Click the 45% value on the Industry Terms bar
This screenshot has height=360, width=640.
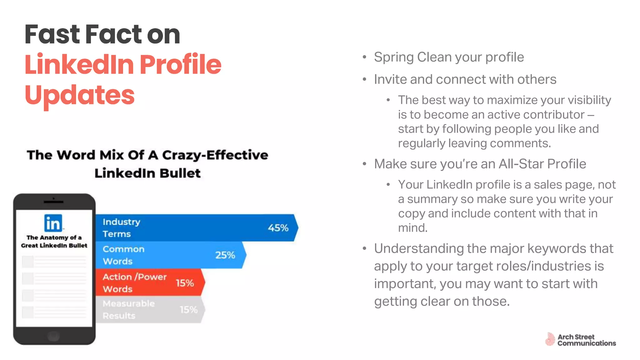(x=278, y=228)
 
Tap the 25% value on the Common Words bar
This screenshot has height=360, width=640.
(x=225, y=255)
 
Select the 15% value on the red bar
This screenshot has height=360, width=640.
(x=185, y=283)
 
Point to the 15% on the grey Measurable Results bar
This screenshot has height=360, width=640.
(x=188, y=310)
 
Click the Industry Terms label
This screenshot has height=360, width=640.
(x=121, y=228)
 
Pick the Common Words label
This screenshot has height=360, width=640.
(x=123, y=255)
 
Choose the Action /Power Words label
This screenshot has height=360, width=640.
(x=134, y=283)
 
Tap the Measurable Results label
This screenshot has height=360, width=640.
(x=128, y=309)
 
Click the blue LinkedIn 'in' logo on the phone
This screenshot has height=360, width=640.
(x=53, y=223)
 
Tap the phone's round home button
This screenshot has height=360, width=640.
(x=53, y=336)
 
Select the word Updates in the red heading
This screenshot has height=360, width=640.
(x=79, y=95)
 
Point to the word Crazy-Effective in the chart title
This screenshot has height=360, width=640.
(x=215, y=155)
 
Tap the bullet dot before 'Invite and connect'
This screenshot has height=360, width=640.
(x=364, y=79)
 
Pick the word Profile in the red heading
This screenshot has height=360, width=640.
(x=180, y=64)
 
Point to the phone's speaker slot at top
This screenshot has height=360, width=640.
(x=53, y=202)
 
